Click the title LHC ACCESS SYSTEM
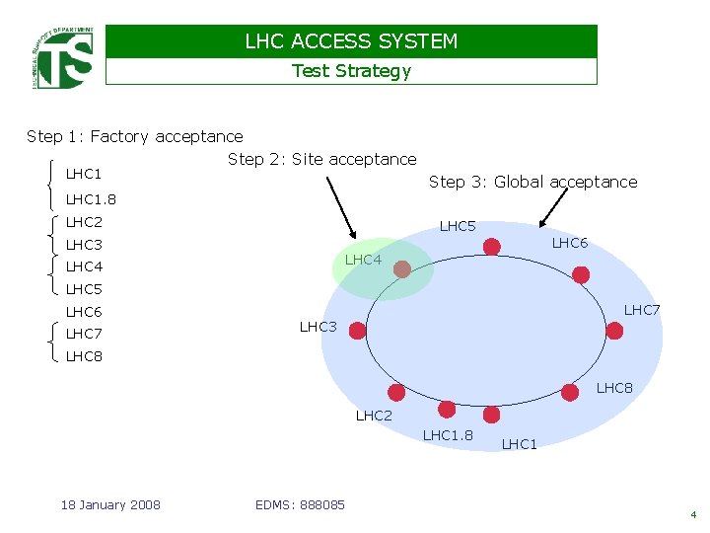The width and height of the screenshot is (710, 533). pos(351,41)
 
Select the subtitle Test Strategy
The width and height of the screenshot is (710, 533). pos(351,71)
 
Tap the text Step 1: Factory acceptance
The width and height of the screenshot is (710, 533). pos(134,136)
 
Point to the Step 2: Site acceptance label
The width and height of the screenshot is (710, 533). pos(321,159)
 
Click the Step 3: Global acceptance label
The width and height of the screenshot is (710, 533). pos(532,182)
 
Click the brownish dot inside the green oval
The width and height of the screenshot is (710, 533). pos(402,267)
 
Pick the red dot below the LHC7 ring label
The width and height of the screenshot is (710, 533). pos(614,331)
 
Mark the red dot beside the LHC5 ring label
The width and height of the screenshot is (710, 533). pos(492,246)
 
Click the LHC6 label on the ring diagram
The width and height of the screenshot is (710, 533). pos(570,243)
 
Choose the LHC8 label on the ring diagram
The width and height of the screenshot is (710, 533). pos(614,388)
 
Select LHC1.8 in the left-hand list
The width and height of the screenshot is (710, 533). pos(91,200)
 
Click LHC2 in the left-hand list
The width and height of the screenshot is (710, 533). pos(84,222)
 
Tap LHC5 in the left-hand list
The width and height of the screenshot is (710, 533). pos(84,289)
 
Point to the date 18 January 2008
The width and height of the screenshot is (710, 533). pos(110,505)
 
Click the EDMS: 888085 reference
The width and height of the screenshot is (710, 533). pos(300,505)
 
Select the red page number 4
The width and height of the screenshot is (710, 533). pos(693,514)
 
